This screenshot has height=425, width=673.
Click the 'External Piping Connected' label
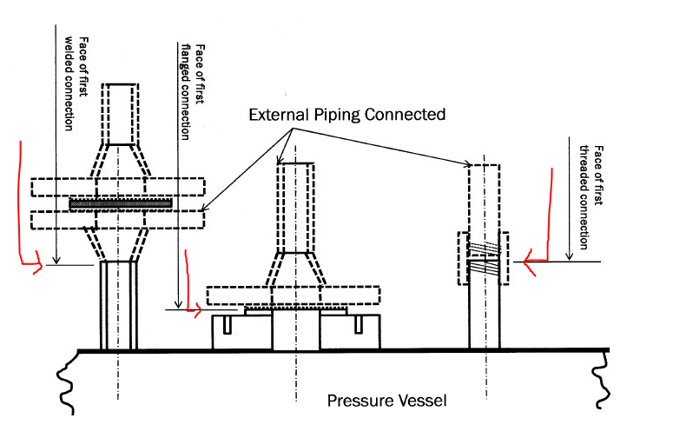(346, 115)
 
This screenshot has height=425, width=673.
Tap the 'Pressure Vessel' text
(386, 401)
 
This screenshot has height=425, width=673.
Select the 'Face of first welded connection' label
(76, 83)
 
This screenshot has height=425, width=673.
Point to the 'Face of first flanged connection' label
(192, 91)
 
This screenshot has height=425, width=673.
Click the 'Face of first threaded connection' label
(591, 197)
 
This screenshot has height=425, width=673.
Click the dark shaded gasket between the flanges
(121, 203)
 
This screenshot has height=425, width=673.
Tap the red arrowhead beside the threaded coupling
(529, 262)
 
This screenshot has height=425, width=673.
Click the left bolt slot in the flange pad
(227, 324)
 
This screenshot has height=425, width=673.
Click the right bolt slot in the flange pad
(359, 324)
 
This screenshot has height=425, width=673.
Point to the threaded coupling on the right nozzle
(484, 258)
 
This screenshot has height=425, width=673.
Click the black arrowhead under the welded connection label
(56, 260)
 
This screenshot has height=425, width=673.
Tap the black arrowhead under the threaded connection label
(569, 256)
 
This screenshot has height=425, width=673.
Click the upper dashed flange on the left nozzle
(117, 187)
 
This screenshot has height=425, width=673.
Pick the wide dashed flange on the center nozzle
(294, 296)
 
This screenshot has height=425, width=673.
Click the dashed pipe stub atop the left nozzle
(120, 114)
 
